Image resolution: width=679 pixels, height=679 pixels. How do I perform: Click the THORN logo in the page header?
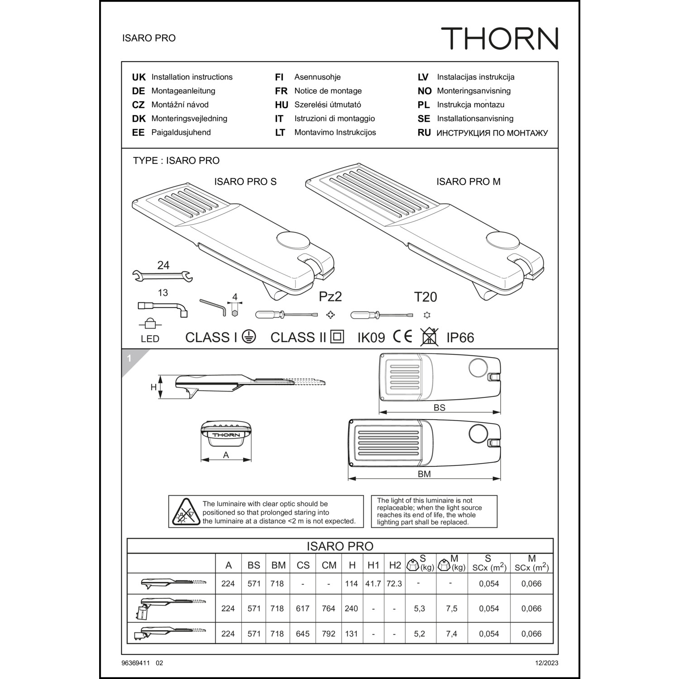click(x=500, y=38)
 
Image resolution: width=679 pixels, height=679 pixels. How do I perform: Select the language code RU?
click(x=424, y=133)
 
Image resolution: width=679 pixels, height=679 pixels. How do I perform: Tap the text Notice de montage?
click(x=328, y=91)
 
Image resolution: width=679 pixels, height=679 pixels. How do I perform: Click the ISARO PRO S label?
click(x=245, y=182)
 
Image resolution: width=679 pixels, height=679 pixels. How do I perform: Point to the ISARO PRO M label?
click(x=469, y=182)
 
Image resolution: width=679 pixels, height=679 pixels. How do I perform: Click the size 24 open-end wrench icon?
click(x=163, y=275)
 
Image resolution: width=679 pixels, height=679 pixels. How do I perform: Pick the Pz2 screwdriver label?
click(x=330, y=296)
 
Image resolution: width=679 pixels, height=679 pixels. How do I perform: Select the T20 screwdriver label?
click(x=426, y=297)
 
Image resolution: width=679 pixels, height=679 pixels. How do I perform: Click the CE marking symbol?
click(x=402, y=336)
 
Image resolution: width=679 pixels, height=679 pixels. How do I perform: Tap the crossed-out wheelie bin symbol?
click(x=429, y=336)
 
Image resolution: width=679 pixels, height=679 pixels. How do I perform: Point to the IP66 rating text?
click(x=460, y=338)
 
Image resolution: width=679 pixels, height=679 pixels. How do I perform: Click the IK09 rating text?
click(x=371, y=338)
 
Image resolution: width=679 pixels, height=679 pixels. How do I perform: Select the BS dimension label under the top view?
click(x=440, y=407)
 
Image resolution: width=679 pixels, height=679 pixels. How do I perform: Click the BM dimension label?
click(x=424, y=474)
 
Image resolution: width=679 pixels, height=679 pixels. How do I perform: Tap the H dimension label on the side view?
click(x=153, y=387)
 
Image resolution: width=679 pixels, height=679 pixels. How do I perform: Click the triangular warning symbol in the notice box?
click(x=185, y=512)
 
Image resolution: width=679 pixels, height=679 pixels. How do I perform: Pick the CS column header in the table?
click(x=303, y=565)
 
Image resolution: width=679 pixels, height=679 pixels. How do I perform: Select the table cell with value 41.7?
click(x=373, y=583)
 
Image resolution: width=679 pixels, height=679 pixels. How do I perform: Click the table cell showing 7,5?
click(x=451, y=609)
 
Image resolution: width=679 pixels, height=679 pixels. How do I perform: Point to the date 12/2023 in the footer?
click(x=546, y=663)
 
